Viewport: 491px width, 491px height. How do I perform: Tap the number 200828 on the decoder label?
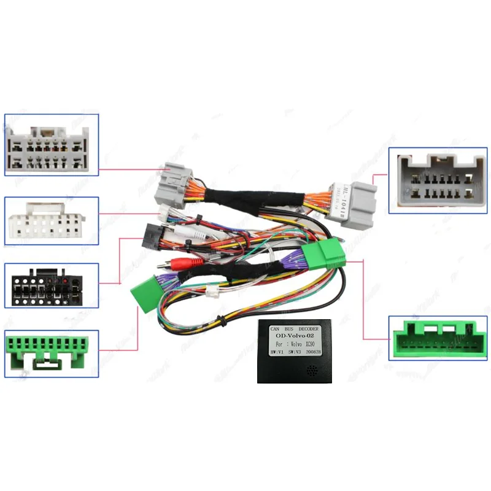point(313,352)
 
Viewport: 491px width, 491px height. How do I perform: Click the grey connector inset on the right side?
point(438,182)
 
